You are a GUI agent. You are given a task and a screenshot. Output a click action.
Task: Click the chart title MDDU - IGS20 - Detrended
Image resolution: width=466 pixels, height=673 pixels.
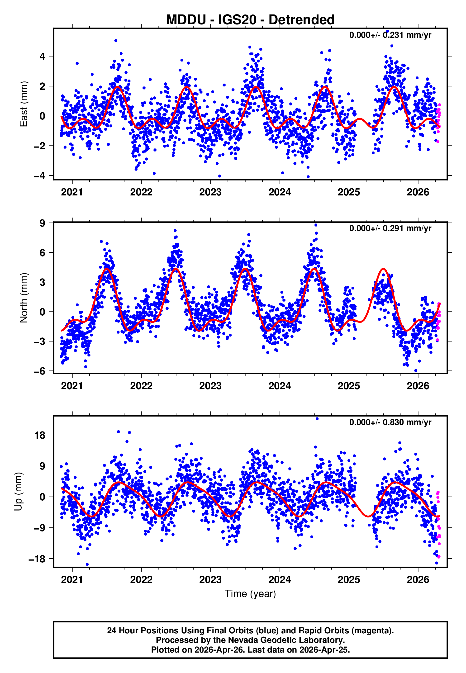point(250,20)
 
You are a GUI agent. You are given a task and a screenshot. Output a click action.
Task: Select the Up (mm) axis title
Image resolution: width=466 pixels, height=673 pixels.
point(18,492)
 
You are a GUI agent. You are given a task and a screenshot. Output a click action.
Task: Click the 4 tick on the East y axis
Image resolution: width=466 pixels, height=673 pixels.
point(43,56)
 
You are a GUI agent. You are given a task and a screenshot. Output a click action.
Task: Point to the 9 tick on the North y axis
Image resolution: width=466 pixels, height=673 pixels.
point(43,223)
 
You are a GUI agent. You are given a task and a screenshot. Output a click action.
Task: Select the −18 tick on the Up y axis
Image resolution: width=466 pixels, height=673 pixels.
point(37,559)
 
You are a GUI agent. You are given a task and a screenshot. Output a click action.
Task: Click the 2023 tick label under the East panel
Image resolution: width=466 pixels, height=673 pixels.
point(210,192)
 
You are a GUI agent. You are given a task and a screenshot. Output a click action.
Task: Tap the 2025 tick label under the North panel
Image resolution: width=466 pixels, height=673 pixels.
point(349,386)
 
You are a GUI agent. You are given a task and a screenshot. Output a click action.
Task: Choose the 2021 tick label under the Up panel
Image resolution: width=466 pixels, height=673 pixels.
point(72,580)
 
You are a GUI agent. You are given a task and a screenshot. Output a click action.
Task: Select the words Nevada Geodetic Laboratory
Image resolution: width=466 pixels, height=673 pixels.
point(286,640)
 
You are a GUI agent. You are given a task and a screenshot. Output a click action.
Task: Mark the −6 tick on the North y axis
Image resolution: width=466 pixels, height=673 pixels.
point(40,371)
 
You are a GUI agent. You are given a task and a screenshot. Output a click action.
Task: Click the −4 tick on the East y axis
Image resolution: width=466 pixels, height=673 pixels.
point(40,176)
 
